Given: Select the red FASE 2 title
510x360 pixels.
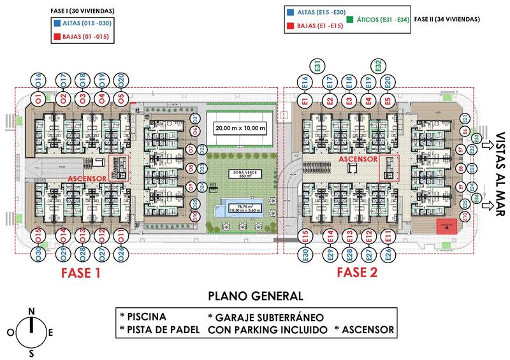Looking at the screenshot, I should tap(356, 273).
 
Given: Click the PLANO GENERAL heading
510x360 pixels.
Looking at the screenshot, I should tap(255, 296).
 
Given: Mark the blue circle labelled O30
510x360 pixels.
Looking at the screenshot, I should tap(38, 254).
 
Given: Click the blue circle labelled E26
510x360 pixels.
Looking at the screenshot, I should tap(388, 254).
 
